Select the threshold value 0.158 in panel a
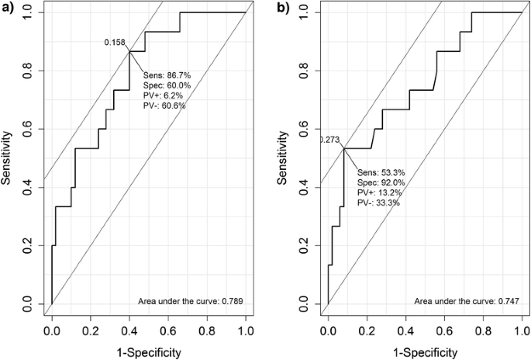point(115,43)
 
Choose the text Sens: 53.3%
point(380,172)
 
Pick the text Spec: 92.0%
point(380,182)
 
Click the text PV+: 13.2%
point(379,192)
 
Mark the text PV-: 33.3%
point(379,202)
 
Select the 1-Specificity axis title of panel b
point(424,352)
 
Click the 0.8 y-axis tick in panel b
point(305,70)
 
